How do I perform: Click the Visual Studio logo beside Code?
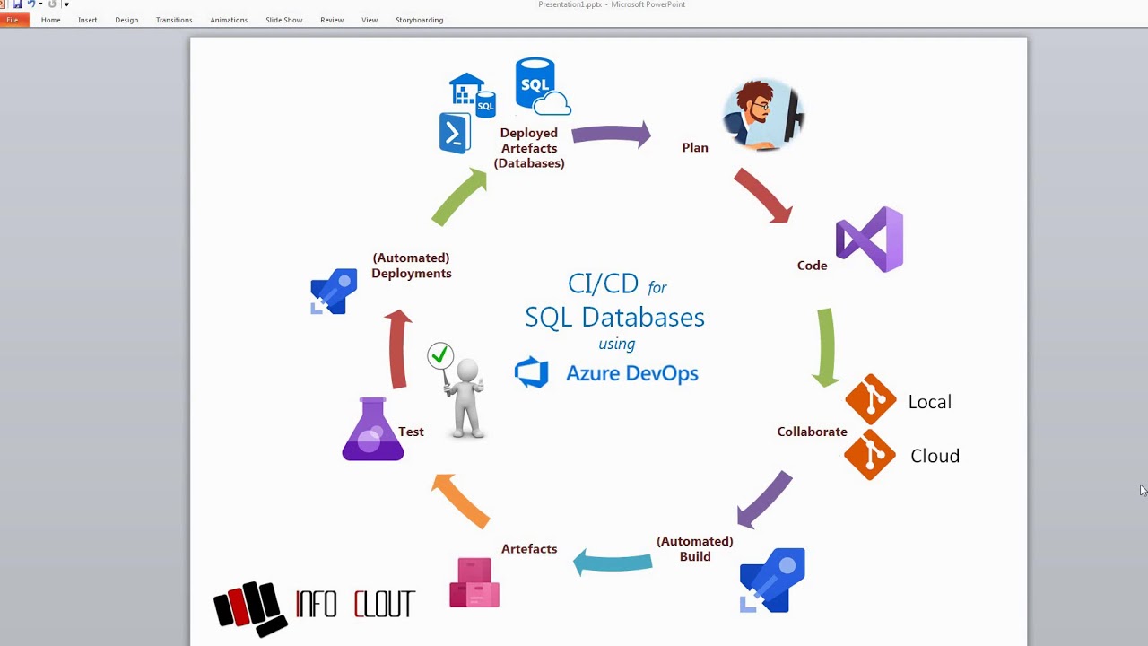pos(869,240)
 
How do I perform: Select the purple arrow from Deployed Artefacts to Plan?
pos(611,135)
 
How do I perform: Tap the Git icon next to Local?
pos(870,400)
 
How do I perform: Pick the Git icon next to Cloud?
pos(870,455)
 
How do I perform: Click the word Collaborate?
pos(812,432)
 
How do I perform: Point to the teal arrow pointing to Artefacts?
pos(613,562)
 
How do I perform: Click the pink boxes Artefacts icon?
pos(474,583)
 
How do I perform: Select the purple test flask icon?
pos(373,430)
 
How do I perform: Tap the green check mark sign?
pos(440,356)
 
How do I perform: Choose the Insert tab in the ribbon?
pos(87,20)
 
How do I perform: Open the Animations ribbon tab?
pos(229,20)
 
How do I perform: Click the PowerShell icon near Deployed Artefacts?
pos(455,134)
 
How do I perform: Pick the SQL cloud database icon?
pos(540,87)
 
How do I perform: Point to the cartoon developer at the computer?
pos(762,114)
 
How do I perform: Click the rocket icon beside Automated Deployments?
pos(334,292)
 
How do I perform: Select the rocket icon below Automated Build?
pos(772,581)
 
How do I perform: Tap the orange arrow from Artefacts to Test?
pos(461,501)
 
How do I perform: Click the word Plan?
pos(695,148)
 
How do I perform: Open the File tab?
pos(13,20)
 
